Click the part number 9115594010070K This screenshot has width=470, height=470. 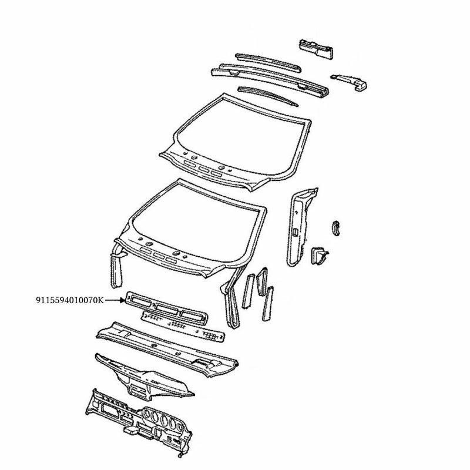click(69, 300)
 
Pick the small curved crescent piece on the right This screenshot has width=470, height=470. click(336, 227)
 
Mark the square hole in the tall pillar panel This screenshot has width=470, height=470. click(292, 233)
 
